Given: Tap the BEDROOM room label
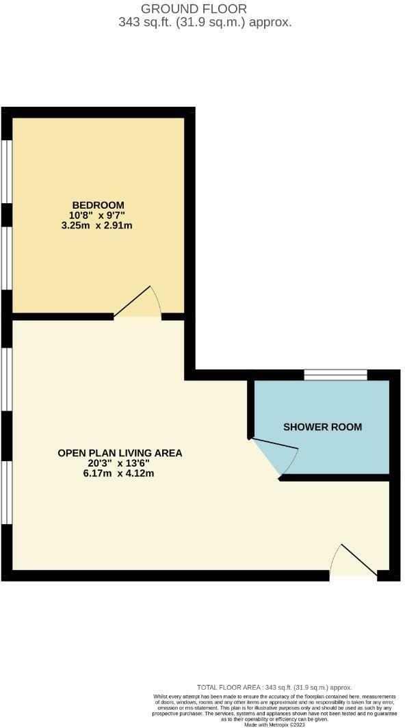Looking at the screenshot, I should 99,205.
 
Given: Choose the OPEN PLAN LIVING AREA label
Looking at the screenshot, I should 120,453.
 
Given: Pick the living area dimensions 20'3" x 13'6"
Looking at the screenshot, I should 120,463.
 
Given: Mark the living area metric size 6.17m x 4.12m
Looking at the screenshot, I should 120,473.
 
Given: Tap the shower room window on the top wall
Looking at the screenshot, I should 335,374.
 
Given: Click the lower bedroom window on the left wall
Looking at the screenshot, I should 6,258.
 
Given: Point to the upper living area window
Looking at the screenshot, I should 6,379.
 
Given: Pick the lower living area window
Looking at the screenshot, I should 6,493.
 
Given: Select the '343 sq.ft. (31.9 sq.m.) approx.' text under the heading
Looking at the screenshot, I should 205,22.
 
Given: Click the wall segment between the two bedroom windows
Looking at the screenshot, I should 6,214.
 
